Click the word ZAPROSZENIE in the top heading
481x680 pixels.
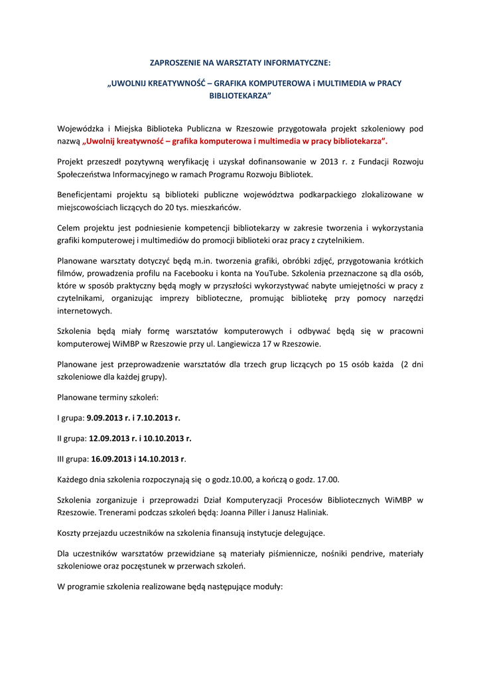174,63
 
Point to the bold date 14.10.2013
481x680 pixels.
159,458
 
